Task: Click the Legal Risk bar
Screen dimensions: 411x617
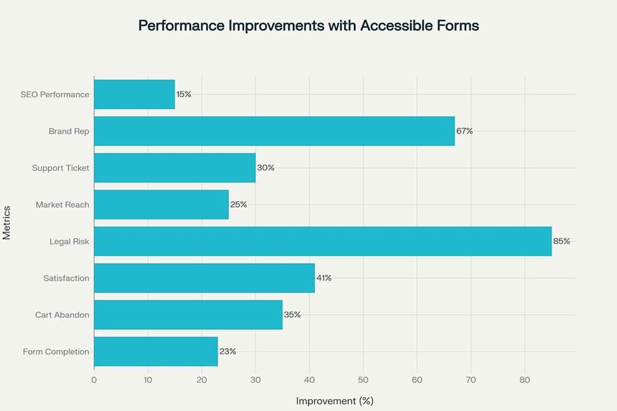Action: [323, 241]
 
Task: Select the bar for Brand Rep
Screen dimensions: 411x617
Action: [274, 131]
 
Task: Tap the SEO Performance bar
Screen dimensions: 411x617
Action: [135, 94]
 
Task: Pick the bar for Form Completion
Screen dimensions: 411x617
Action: [156, 351]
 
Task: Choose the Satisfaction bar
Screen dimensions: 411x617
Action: [204, 278]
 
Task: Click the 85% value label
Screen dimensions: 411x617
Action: [561, 241]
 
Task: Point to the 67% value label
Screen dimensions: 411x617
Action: [464, 131]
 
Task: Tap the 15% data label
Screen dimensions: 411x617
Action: [183, 94]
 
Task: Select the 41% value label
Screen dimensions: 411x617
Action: [323, 278]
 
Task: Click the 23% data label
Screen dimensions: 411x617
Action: [227, 351]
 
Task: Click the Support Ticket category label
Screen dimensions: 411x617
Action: [61, 168]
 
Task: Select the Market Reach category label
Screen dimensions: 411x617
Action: [63, 205]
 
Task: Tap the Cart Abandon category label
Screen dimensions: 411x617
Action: [62, 315]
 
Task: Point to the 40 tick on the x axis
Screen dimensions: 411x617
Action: [309, 380]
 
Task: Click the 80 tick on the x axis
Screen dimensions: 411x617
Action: [524, 380]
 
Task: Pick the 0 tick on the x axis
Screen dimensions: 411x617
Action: [94, 380]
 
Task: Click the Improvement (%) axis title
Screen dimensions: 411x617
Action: [334, 401]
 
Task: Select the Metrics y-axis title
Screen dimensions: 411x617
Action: [7, 223]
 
